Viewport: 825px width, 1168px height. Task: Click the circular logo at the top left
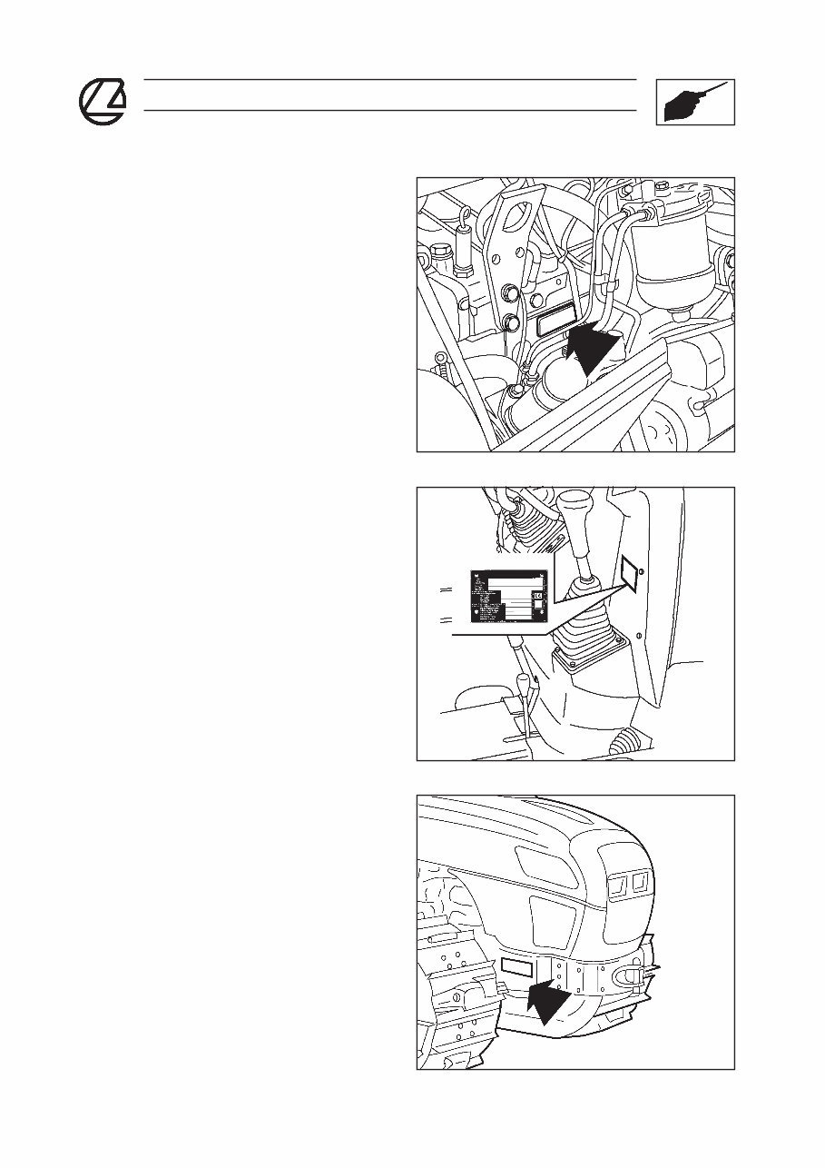(x=102, y=101)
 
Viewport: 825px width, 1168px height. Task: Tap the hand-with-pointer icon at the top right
(x=694, y=102)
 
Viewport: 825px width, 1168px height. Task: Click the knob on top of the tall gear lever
(x=575, y=506)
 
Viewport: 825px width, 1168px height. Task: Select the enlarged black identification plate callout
(x=509, y=598)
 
